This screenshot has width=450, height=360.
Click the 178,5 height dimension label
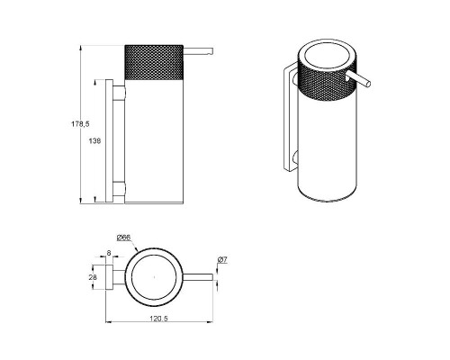click(x=80, y=123)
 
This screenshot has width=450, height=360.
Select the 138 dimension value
click(x=94, y=140)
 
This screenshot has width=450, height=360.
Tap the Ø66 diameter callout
click(x=123, y=238)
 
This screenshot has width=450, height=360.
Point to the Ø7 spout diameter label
click(x=222, y=260)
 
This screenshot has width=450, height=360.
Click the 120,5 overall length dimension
click(x=158, y=319)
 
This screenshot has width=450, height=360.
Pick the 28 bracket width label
click(x=93, y=277)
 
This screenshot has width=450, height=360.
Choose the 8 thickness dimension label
click(x=109, y=253)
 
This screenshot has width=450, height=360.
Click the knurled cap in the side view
click(x=154, y=62)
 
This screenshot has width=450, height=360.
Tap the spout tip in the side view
click(x=211, y=51)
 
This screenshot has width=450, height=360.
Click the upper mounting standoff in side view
click(x=119, y=93)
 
